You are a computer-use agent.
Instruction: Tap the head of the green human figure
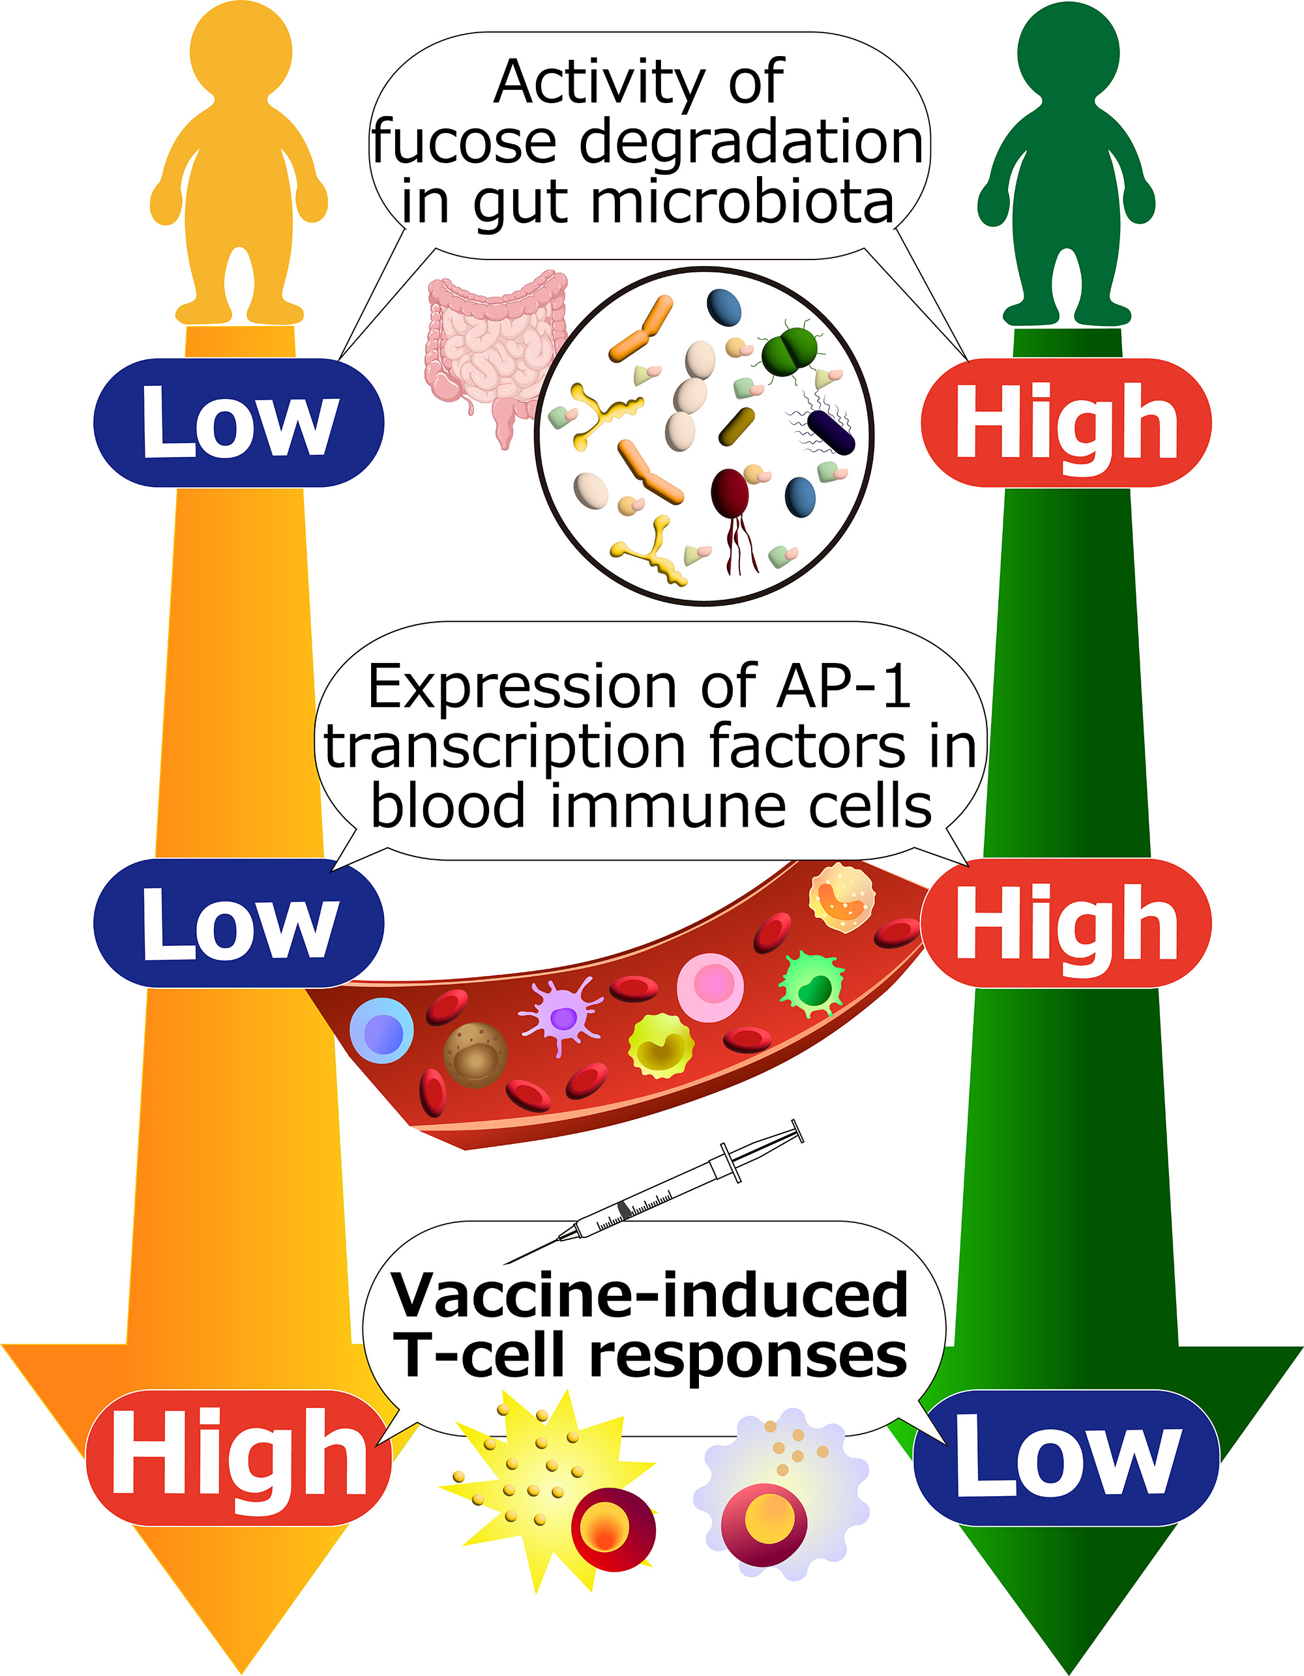pos(1067,52)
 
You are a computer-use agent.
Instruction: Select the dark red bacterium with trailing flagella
pos(730,495)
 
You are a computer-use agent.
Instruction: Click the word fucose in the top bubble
pos(464,143)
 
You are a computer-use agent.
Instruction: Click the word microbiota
pos(741,203)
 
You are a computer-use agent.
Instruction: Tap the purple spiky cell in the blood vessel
pos(563,1017)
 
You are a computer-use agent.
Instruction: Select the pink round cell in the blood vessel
pos(710,987)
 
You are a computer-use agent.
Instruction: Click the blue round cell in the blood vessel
pos(381,1031)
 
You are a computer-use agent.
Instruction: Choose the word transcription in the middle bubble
pos(504,746)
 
